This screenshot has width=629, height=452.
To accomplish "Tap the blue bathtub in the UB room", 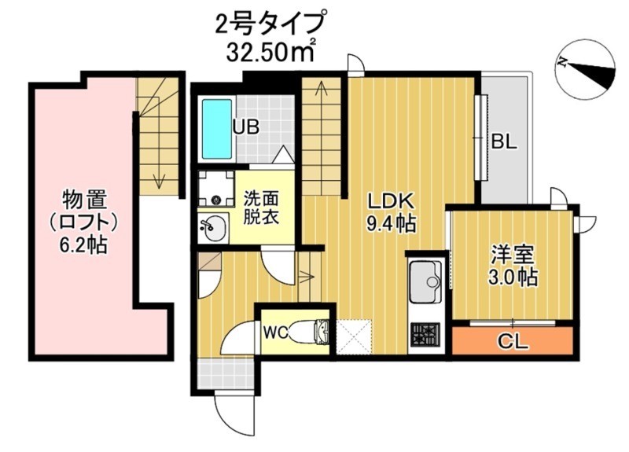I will [215, 128].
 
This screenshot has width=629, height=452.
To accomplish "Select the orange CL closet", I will [512, 341].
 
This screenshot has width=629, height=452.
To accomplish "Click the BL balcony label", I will [504, 141].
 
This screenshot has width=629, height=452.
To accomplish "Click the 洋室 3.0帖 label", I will [514, 266].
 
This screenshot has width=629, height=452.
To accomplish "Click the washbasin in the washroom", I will [212, 229].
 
